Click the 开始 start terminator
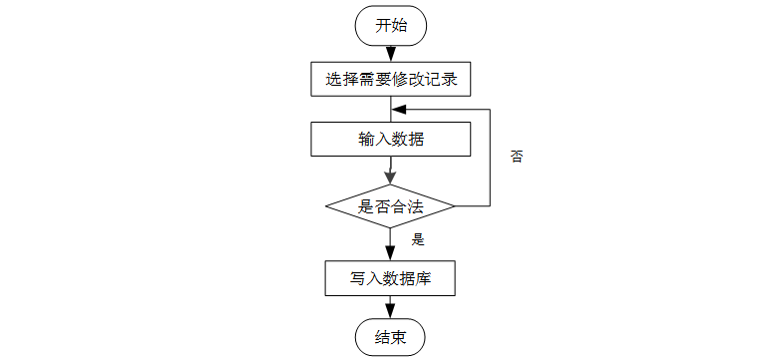pos(390,26)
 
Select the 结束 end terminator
pos(390,338)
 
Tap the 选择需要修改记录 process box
pos(391,79)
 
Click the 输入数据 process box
pos(391,140)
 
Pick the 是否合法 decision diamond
pos(390,206)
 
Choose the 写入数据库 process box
pos(390,278)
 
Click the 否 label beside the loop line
pos(517,157)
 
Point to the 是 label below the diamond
pos(418,239)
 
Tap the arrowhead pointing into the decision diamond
pos(390,178)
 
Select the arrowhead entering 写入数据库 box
pos(390,253)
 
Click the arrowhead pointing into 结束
pos(390,311)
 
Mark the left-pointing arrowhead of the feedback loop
pos(399,110)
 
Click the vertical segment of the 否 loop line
pos(490,158)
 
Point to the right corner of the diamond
pos(455,206)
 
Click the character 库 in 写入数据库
pos(423,278)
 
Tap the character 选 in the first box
pos(333,80)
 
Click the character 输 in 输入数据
pos(366,140)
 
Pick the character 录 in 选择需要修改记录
pos(449,80)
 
